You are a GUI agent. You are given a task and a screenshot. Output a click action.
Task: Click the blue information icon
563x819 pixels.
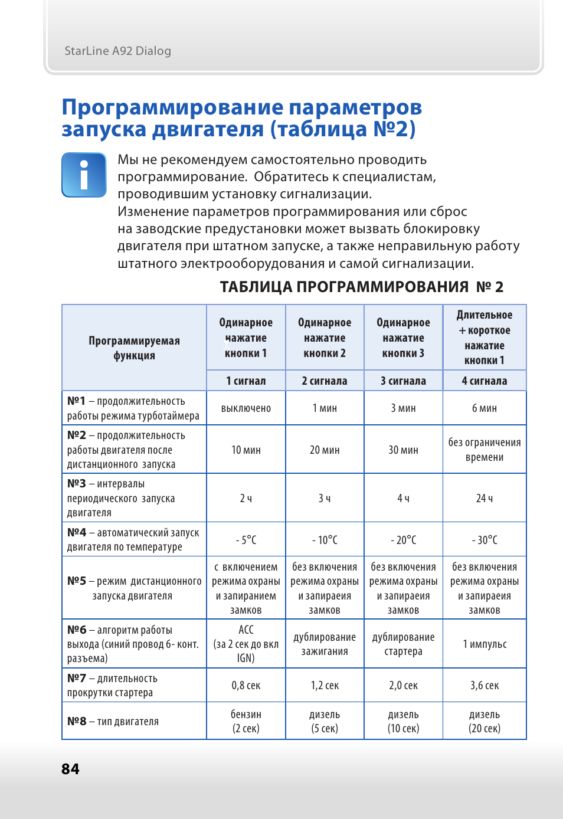click(x=84, y=175)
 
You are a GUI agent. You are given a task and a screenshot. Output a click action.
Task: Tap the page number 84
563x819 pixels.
click(x=70, y=769)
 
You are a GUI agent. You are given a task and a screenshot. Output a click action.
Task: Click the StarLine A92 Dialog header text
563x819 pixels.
click(x=117, y=51)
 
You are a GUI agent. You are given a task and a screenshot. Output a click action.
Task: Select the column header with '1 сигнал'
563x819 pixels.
click(x=246, y=381)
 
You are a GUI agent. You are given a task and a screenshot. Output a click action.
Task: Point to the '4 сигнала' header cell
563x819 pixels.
click(x=484, y=381)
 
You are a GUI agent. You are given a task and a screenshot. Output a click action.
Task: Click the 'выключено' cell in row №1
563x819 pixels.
click(x=246, y=408)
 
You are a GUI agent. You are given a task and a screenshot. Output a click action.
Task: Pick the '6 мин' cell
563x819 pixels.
click(x=484, y=408)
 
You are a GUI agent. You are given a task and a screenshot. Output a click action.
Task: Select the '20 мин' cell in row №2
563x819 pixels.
click(x=325, y=450)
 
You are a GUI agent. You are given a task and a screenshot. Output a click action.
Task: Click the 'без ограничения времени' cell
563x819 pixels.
click(x=484, y=450)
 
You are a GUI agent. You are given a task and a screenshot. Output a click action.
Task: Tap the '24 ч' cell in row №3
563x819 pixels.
click(x=484, y=498)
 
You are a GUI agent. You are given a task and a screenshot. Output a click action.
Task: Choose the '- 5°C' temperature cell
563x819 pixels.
click(x=246, y=539)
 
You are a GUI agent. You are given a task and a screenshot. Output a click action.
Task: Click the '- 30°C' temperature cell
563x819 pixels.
click(x=484, y=539)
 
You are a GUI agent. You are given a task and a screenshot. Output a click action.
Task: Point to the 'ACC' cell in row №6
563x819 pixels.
click(x=246, y=644)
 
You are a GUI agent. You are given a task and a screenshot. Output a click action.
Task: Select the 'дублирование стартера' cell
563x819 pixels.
click(x=403, y=644)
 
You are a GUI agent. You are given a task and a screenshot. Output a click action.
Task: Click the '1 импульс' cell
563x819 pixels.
click(x=484, y=644)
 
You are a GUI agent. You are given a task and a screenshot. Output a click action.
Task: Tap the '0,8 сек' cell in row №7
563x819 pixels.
click(x=246, y=685)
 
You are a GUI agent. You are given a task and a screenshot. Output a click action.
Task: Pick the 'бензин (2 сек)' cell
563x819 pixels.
click(x=246, y=721)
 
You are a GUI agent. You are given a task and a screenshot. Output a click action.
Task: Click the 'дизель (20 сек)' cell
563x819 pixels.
click(x=484, y=721)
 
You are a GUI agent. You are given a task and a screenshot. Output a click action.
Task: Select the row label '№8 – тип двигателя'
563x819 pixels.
click(x=113, y=721)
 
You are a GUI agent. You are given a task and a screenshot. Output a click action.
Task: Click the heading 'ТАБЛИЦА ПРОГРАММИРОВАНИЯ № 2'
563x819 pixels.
click(x=361, y=287)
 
